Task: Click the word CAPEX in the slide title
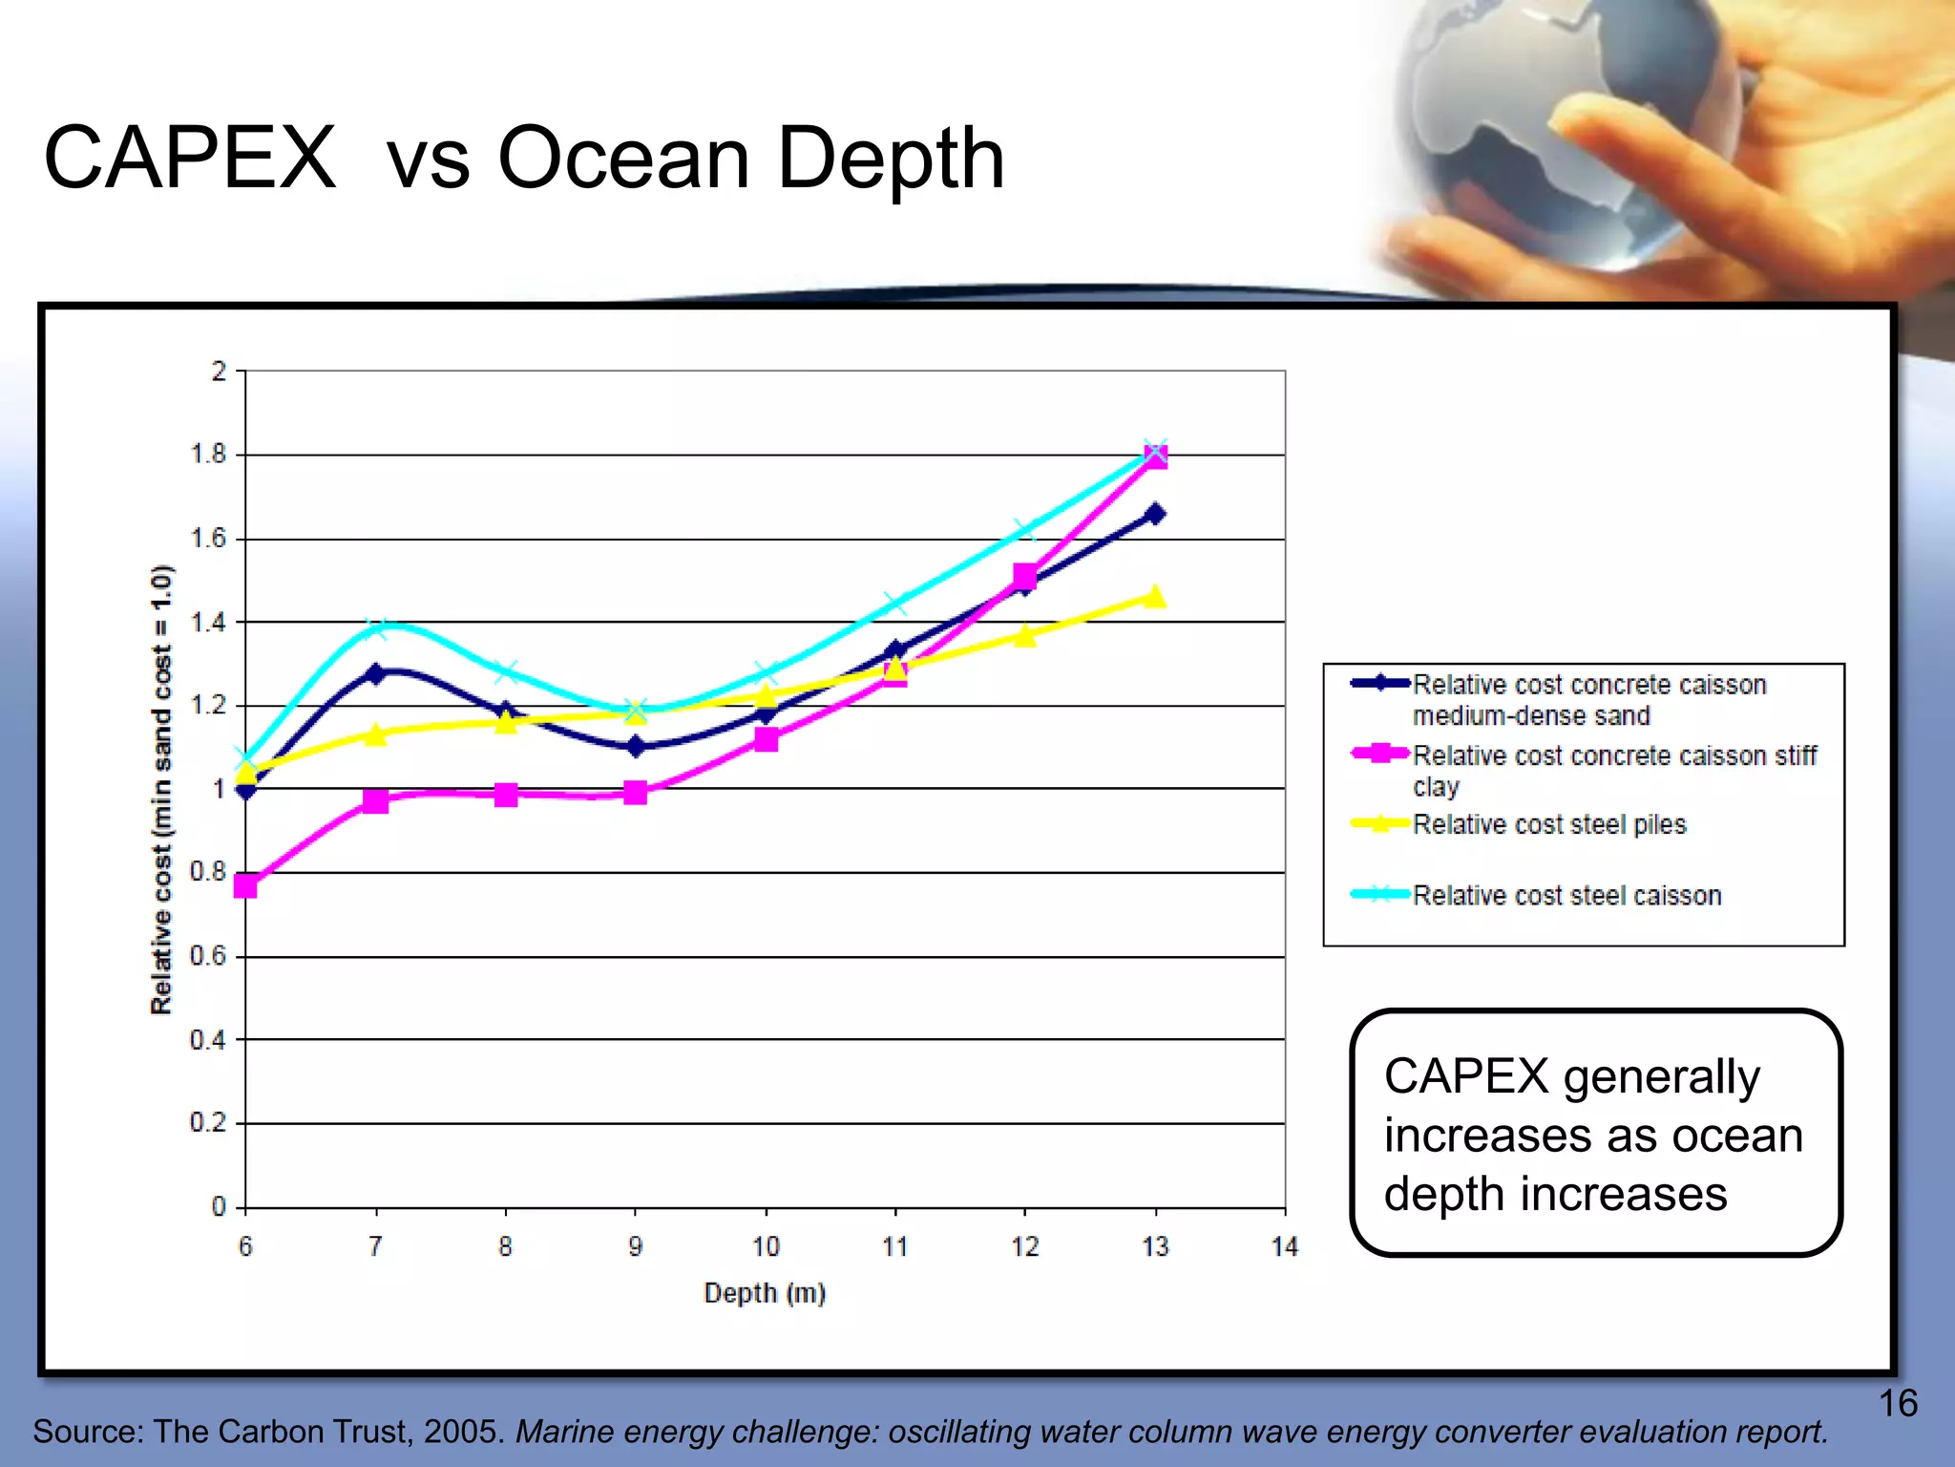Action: click(x=190, y=159)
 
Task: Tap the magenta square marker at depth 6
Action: click(x=245, y=885)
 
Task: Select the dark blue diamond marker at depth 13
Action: click(x=1155, y=514)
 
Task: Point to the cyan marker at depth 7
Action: click(x=376, y=628)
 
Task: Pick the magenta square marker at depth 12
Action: click(x=1025, y=576)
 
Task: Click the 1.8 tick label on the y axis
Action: click(x=209, y=455)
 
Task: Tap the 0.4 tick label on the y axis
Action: click(x=208, y=1039)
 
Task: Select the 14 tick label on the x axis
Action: click(x=1285, y=1246)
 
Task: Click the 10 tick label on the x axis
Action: click(x=766, y=1246)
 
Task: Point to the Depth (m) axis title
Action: click(x=765, y=1293)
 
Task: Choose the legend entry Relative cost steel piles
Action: click(x=1548, y=824)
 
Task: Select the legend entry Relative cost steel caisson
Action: click(x=1566, y=895)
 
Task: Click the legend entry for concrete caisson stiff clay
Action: click(x=1613, y=769)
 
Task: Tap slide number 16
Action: click(x=1898, y=1403)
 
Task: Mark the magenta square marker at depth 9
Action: click(x=636, y=792)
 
